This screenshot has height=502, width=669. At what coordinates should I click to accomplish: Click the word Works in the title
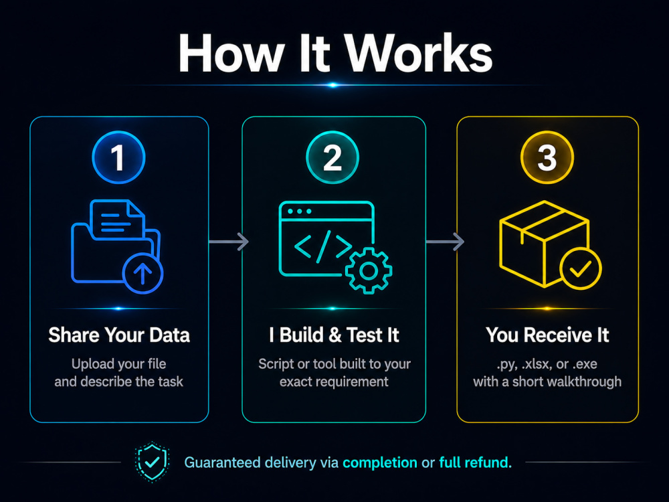click(x=418, y=54)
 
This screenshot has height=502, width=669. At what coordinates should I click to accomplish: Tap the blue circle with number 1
click(x=118, y=157)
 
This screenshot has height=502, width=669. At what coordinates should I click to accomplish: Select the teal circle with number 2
click(x=332, y=157)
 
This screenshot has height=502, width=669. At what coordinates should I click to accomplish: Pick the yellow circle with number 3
click(x=547, y=157)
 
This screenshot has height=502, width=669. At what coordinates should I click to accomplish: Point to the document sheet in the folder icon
click(x=117, y=219)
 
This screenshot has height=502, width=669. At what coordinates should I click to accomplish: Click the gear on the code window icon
click(x=369, y=270)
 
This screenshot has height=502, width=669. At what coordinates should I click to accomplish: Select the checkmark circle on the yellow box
click(x=580, y=268)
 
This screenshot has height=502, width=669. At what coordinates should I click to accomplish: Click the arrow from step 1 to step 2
click(x=229, y=242)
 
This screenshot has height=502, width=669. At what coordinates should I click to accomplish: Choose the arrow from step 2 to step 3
click(x=445, y=242)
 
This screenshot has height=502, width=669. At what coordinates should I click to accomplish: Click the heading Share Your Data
click(x=119, y=335)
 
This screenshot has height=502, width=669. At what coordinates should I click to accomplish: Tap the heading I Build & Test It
click(x=334, y=335)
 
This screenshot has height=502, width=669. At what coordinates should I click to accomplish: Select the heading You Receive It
click(x=547, y=335)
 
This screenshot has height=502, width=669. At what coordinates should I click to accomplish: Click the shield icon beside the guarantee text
click(x=153, y=462)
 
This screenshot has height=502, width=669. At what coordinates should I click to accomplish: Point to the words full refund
click(x=475, y=463)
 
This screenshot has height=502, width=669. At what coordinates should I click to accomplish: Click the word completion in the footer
click(x=380, y=463)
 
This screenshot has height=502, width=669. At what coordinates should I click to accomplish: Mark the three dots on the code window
click(x=299, y=212)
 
